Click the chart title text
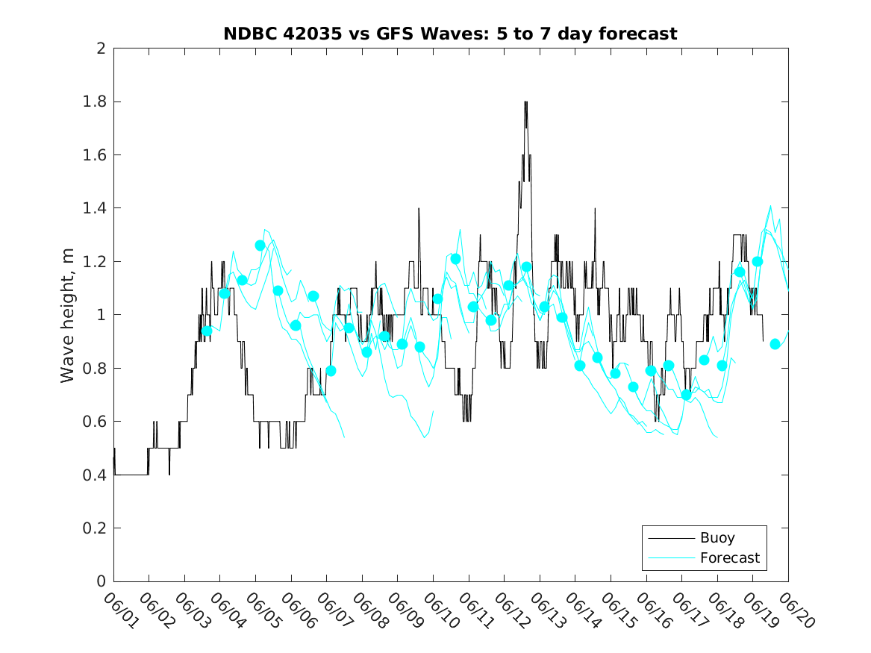tap(450, 34)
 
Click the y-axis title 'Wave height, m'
tap(68, 315)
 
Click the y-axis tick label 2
tap(100, 49)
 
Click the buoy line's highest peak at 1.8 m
tap(525, 102)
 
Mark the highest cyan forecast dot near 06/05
tap(260, 246)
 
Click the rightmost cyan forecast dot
tap(775, 344)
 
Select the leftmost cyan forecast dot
tap(206, 331)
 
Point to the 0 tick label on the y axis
tap(100, 581)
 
